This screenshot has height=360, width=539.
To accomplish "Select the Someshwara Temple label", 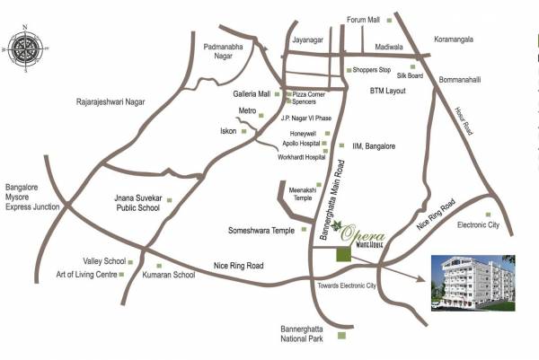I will point(261,230).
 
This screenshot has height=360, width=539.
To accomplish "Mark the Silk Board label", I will point(398,76).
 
